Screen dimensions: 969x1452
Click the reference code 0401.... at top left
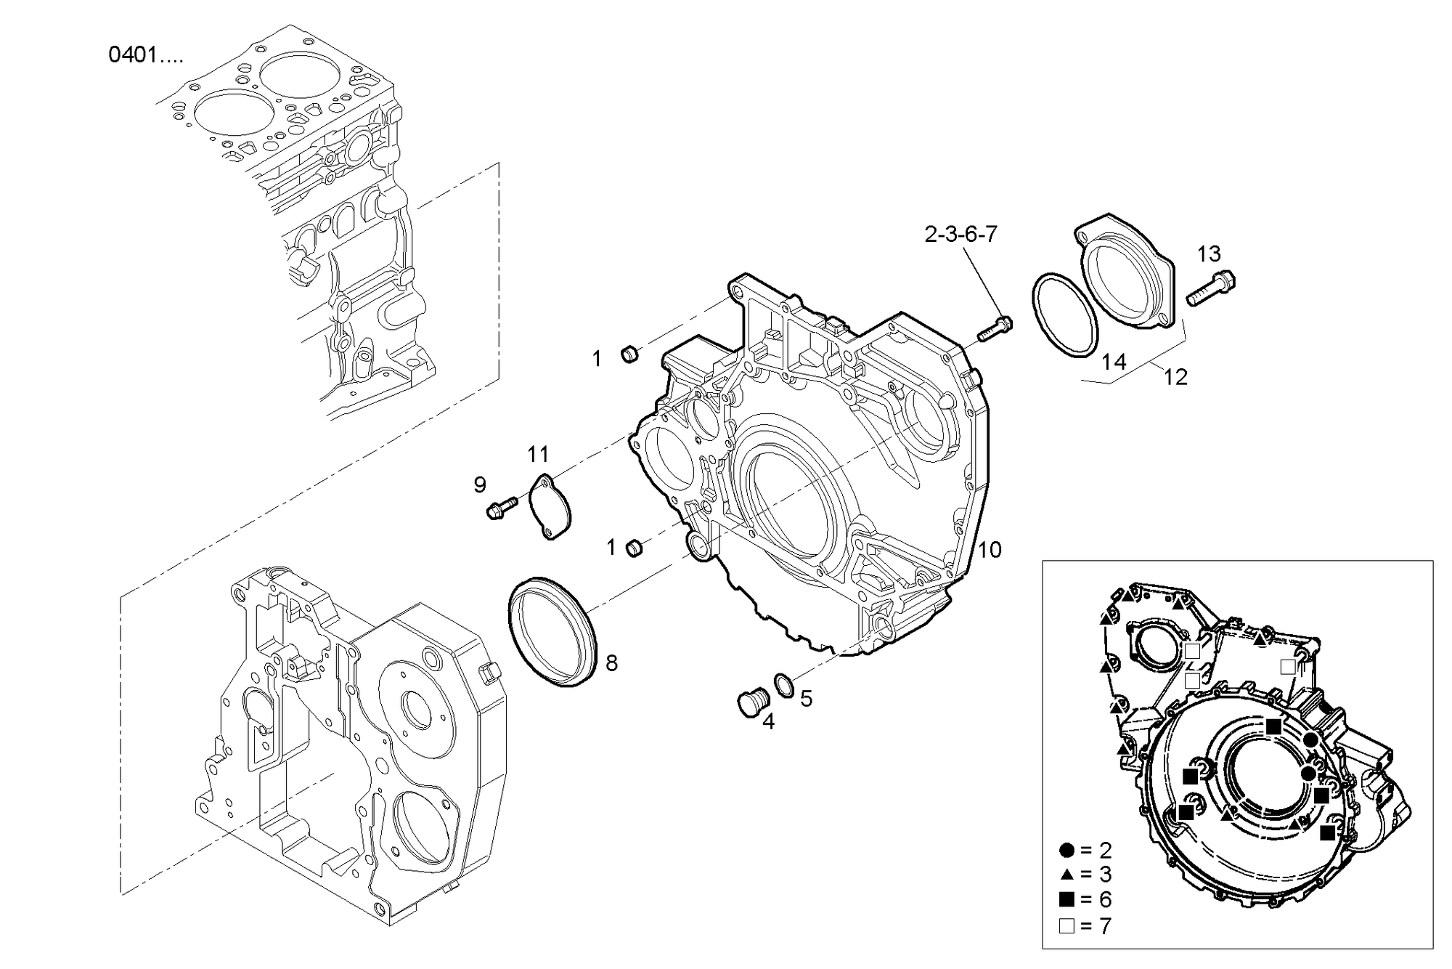(x=145, y=55)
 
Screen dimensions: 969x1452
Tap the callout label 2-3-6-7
(x=960, y=234)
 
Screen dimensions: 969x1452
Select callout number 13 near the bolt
(x=1209, y=254)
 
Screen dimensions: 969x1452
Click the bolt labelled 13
(x=1211, y=288)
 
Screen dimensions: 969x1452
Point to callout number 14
(x=1114, y=361)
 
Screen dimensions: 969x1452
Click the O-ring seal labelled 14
(x=1064, y=315)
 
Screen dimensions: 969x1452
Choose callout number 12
(x=1175, y=377)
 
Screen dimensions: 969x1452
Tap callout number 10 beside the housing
(x=990, y=550)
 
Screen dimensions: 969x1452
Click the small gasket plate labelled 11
(x=550, y=506)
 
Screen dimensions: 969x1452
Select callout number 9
(x=480, y=484)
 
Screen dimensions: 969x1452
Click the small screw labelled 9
(x=501, y=507)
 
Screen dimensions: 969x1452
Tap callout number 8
(x=611, y=662)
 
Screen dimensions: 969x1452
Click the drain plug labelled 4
(x=749, y=702)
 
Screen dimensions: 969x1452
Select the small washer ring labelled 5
(x=784, y=684)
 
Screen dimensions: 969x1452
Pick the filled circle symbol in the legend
(x=1066, y=850)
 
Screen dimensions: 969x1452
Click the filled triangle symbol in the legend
(x=1066, y=874)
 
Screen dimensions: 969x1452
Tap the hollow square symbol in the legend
(x=1066, y=926)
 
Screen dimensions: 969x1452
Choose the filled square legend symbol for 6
(x=1066, y=900)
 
